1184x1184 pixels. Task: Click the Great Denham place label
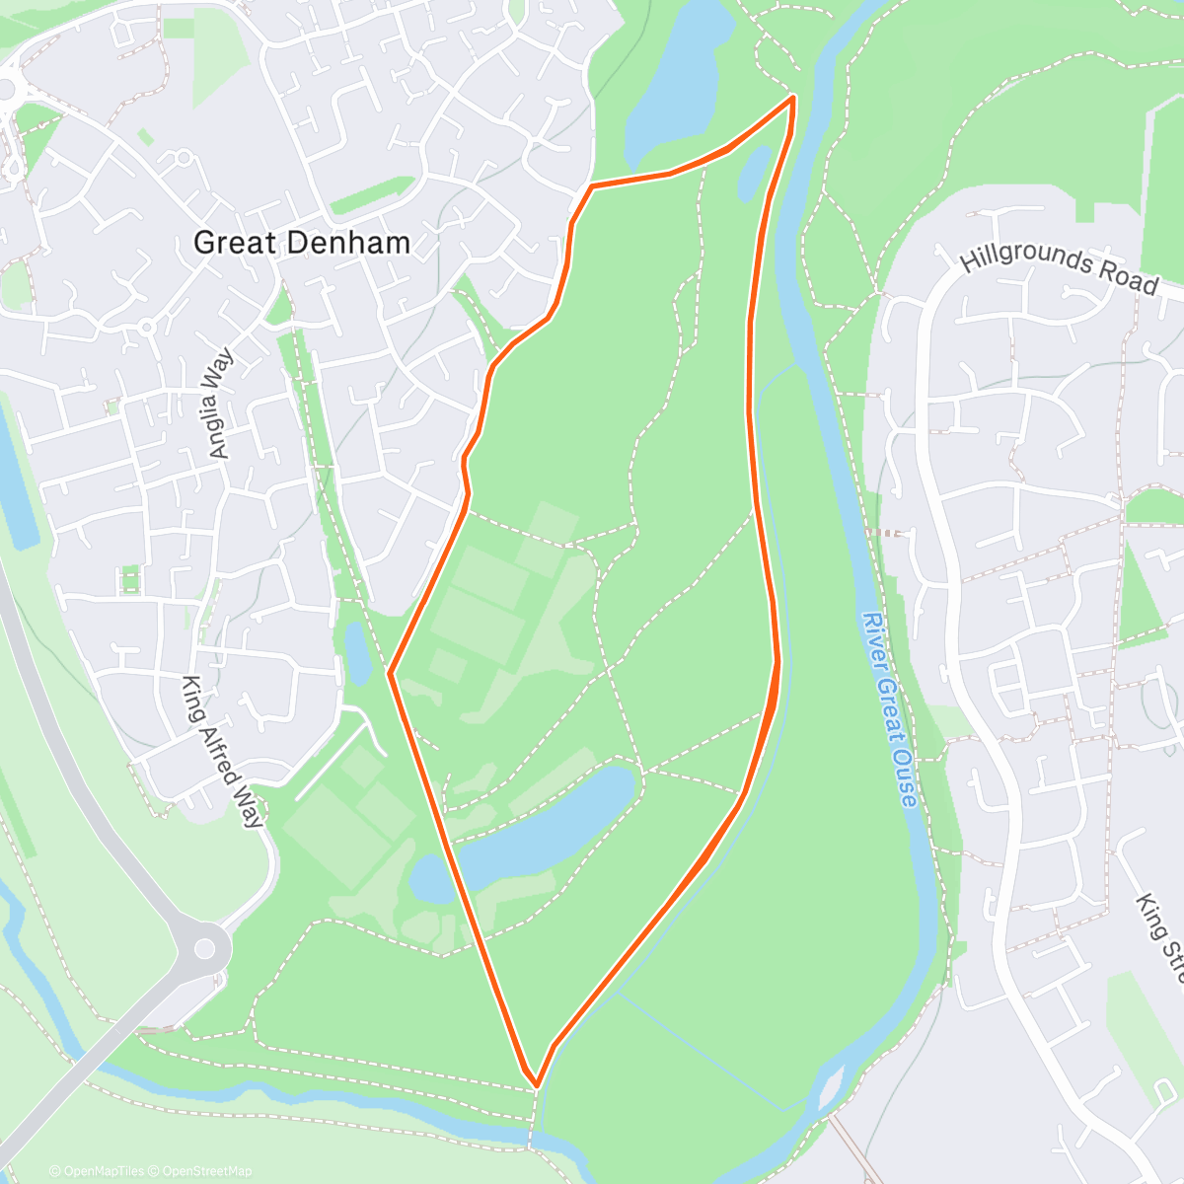point(302,243)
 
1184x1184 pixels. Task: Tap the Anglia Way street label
point(219,403)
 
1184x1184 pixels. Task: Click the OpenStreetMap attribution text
point(207,1171)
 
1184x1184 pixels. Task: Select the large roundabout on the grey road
point(204,949)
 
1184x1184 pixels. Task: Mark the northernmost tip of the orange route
point(793,98)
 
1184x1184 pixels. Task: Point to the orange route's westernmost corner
point(391,674)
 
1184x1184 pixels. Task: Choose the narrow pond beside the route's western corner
point(356,652)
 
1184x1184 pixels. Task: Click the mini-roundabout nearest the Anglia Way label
point(147,326)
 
